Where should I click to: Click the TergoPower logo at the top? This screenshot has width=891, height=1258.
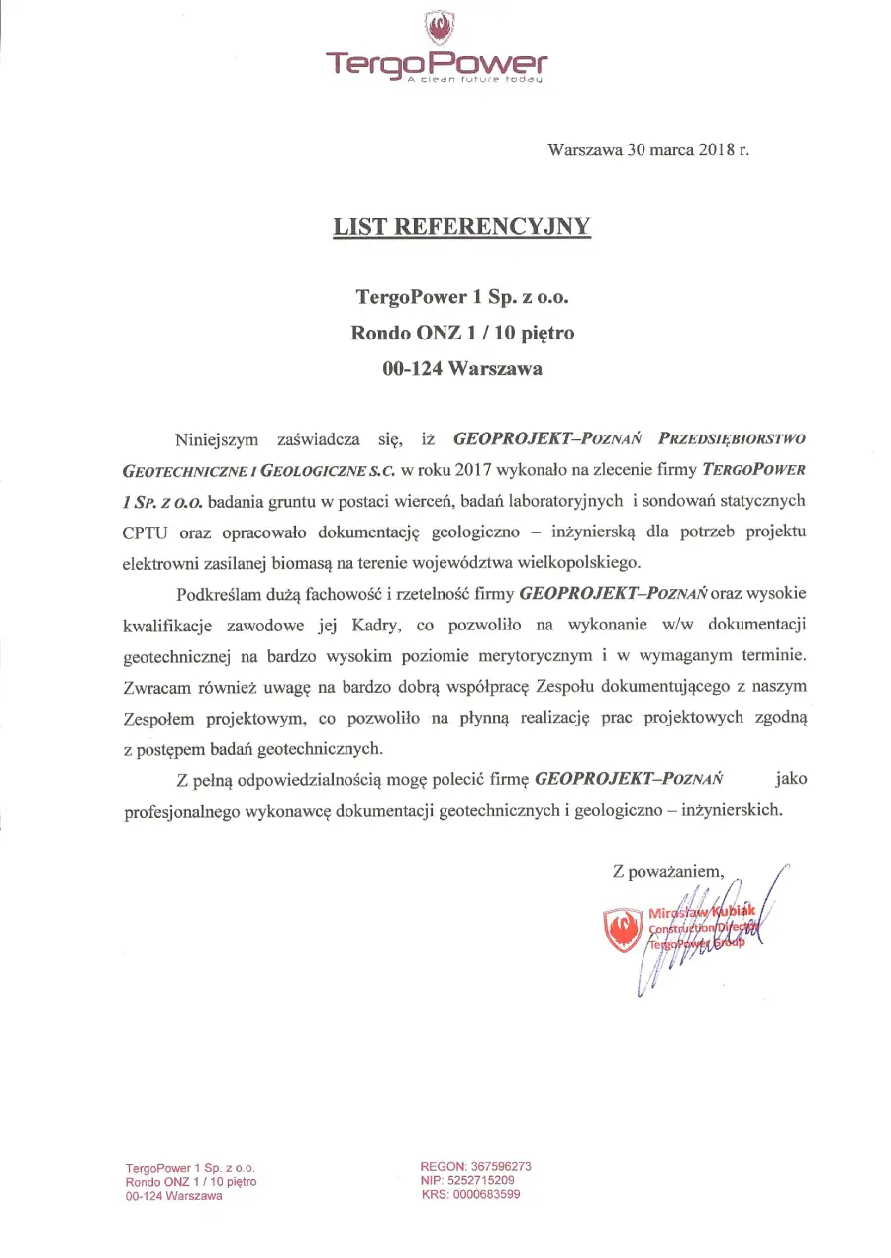coord(437,48)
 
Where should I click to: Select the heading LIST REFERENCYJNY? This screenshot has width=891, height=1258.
coord(461,226)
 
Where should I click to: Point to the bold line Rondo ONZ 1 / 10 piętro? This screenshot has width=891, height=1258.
coord(462,333)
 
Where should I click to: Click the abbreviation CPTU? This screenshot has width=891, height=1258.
coord(145,532)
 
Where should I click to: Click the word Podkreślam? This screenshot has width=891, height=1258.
coord(218,594)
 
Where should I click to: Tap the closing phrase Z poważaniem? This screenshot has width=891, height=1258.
coord(669,873)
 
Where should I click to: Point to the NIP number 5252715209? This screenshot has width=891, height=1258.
coord(479,1180)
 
